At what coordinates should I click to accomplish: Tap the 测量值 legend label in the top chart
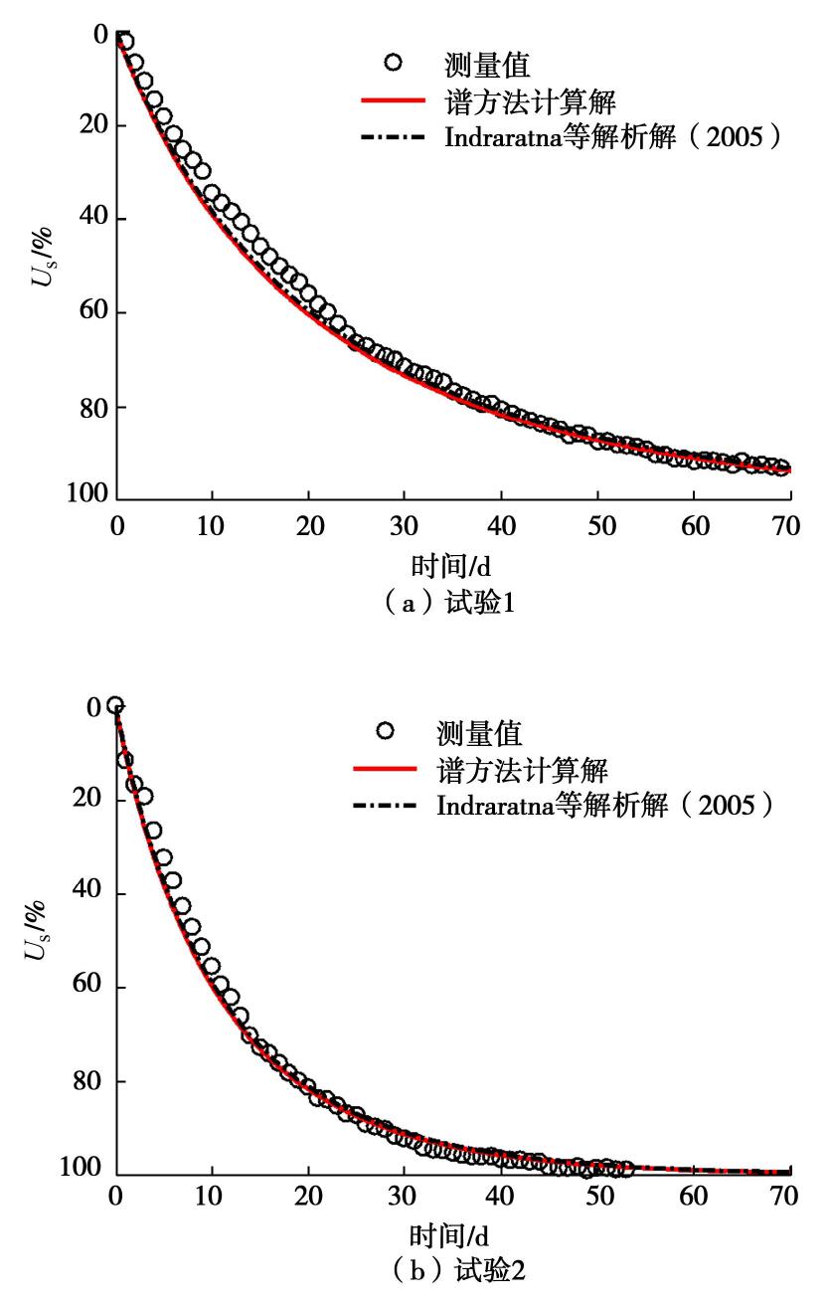pos(486,66)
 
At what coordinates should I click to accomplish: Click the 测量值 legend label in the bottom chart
pos(479,733)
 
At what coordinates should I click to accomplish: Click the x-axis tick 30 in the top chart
pos(404,526)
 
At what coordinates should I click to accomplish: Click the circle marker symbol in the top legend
pos(393,64)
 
